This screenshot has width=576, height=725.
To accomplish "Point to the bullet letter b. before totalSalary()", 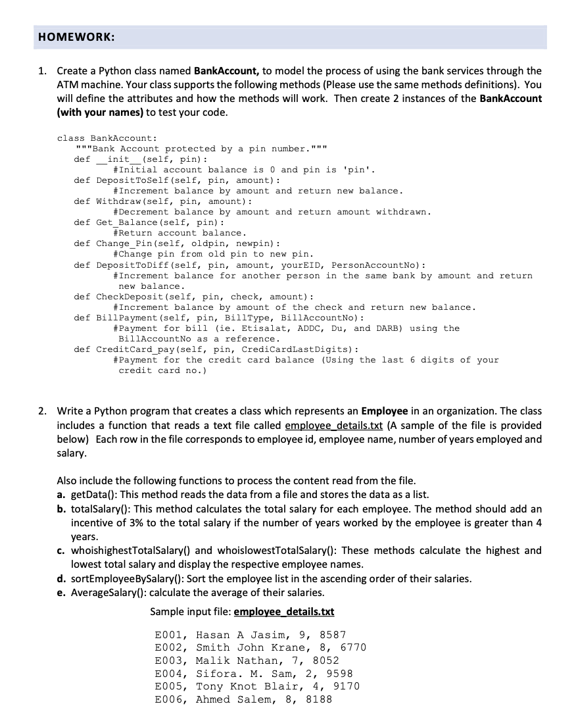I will click(62, 509).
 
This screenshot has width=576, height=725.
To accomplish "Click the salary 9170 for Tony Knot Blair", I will click(346, 686).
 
